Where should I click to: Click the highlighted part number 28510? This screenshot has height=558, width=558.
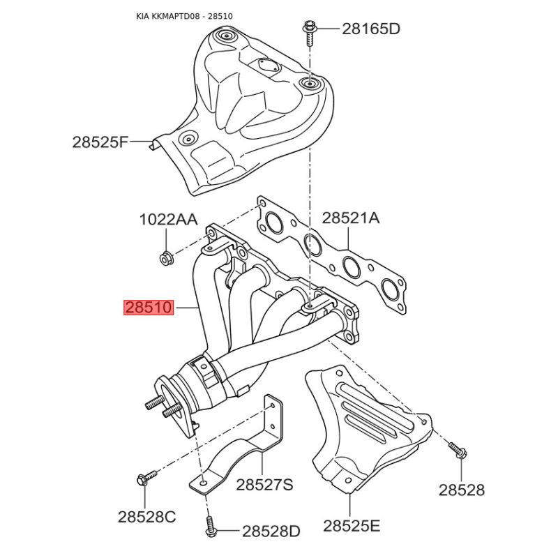pyautogui.click(x=149, y=308)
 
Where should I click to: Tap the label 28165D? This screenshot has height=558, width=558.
pyautogui.click(x=371, y=29)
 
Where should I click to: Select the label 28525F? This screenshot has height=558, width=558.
pyautogui.click(x=100, y=142)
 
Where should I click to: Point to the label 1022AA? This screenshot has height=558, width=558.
pyautogui.click(x=168, y=219)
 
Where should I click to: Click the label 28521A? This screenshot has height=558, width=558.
pyautogui.click(x=351, y=218)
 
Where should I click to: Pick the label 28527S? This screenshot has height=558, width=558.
pyautogui.click(x=264, y=484)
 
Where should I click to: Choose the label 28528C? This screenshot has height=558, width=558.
pyautogui.click(x=146, y=517)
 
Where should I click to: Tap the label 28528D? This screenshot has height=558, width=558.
pyautogui.click(x=271, y=531)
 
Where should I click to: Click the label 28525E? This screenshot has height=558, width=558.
pyautogui.click(x=352, y=526)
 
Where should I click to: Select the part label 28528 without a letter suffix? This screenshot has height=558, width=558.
pyautogui.click(x=461, y=490)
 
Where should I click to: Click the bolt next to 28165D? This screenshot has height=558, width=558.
pyautogui.click(x=308, y=33)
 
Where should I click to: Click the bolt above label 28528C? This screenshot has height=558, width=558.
pyautogui.click(x=146, y=477)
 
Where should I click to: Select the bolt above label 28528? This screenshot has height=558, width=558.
pyautogui.click(x=458, y=450)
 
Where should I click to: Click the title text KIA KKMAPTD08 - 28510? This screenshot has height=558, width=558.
pyautogui.click(x=184, y=16)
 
